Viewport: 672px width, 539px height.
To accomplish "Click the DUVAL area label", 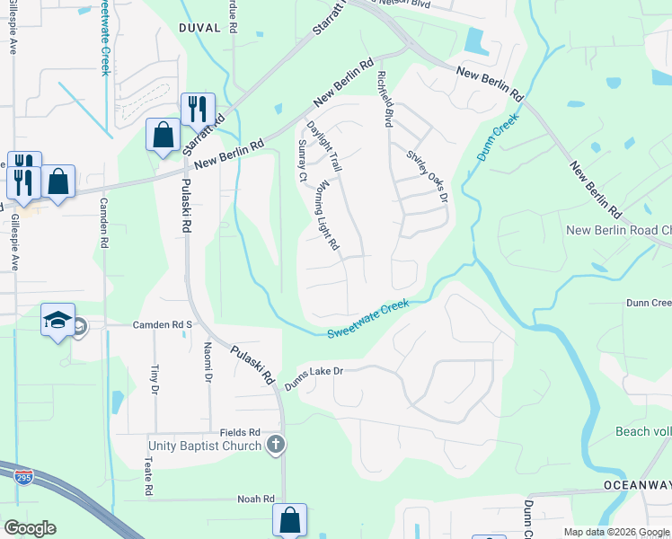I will [x=199, y=28].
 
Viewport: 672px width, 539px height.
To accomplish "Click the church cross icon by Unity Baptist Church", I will [x=277, y=445].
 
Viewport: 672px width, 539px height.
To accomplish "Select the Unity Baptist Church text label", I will [x=205, y=446].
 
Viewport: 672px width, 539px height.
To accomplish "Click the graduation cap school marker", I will [x=57, y=322].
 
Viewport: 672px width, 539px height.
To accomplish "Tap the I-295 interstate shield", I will [x=19, y=477].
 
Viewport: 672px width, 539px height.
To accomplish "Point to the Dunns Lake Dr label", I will [x=314, y=376].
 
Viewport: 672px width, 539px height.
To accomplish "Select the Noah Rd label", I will [x=255, y=499].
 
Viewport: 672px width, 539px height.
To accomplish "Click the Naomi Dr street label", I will [x=208, y=364].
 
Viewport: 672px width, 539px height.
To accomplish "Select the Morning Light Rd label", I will [x=328, y=213].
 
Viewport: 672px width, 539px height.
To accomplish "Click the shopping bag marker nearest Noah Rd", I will [x=289, y=520].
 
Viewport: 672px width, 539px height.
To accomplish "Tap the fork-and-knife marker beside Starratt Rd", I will [x=198, y=110].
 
